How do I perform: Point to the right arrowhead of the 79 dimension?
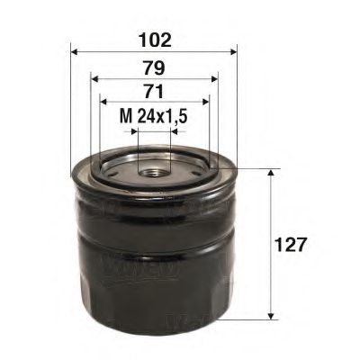click(212, 78)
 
